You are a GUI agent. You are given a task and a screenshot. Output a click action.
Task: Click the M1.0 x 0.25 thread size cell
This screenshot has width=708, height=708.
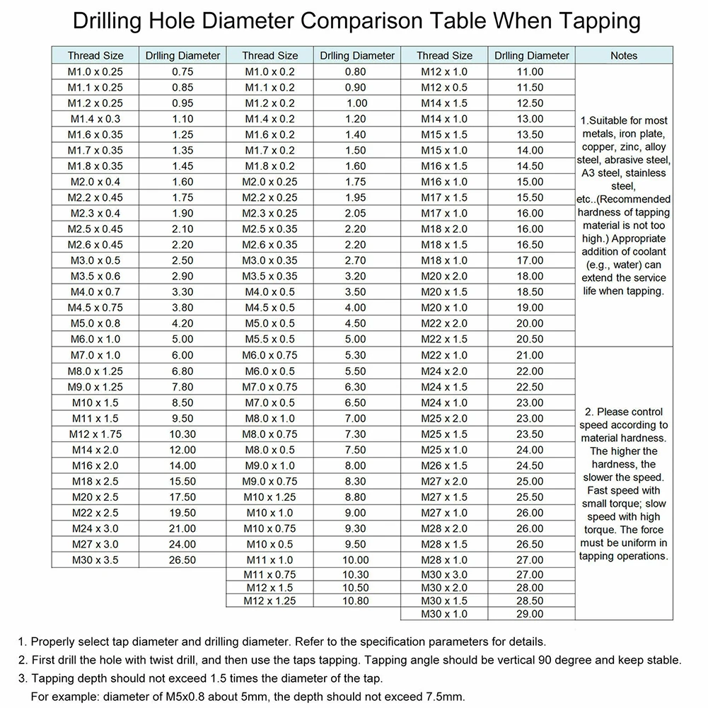click(x=95, y=71)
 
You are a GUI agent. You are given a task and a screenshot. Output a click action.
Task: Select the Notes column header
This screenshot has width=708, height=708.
click(x=623, y=55)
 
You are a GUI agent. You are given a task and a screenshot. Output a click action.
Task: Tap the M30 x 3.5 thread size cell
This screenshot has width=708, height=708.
click(x=95, y=560)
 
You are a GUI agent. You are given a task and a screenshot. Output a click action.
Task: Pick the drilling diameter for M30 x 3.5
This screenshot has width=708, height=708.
click(x=182, y=560)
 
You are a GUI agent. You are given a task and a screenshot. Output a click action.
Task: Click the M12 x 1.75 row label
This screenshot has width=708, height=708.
click(x=95, y=434)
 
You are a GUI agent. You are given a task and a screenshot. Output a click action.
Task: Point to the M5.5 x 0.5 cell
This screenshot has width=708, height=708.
click(x=270, y=339)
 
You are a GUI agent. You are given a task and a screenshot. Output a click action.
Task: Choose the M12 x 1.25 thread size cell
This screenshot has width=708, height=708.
click(x=270, y=601)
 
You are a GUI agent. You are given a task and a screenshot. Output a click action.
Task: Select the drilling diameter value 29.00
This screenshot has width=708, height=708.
click(x=530, y=615)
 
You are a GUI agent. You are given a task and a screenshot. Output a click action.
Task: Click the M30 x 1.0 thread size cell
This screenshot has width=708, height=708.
click(x=444, y=615)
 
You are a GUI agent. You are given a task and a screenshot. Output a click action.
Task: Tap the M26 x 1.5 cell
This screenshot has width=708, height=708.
click(x=444, y=465)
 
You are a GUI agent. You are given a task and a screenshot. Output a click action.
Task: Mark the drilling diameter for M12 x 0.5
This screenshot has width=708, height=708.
click(x=530, y=88)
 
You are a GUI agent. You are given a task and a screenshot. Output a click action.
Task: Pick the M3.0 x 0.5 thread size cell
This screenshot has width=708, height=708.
click(x=95, y=260)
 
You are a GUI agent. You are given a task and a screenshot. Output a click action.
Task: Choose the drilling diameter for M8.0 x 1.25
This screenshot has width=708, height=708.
click(x=182, y=371)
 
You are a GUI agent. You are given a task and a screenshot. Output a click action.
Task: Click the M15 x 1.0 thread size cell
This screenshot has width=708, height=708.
click(x=444, y=150)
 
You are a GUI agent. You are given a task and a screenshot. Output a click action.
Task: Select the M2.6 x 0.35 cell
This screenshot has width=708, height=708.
click(x=270, y=245)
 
